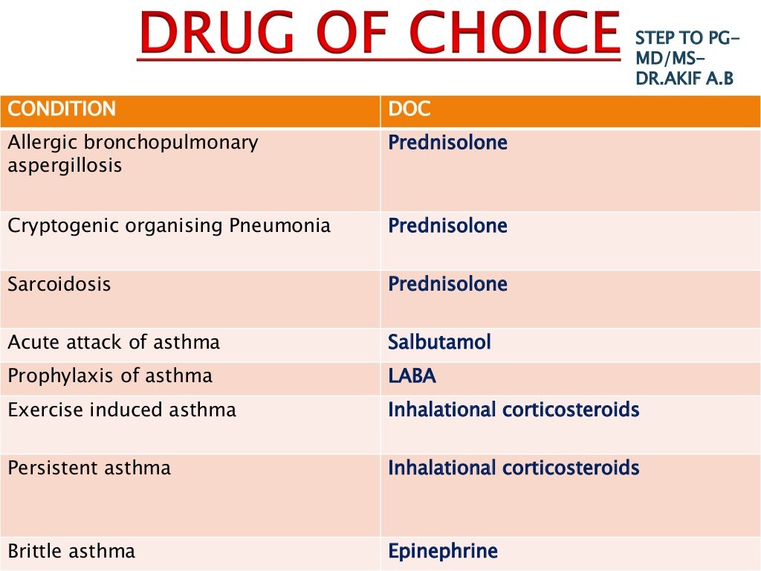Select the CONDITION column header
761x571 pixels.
tap(62, 109)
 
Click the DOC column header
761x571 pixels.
tap(409, 109)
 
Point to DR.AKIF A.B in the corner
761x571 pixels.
tap(684, 77)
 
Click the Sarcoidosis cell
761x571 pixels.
tap(59, 285)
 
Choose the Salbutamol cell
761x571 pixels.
tap(439, 343)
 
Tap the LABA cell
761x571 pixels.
tap(412, 376)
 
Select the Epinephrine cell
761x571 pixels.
tap(443, 551)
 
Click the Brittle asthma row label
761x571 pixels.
tap(71, 551)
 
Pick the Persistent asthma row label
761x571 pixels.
tap(89, 468)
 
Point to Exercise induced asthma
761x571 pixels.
tap(122, 410)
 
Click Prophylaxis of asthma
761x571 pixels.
tap(110, 376)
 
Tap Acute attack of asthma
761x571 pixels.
tap(114, 343)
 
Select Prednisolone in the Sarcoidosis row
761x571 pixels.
tap(447, 285)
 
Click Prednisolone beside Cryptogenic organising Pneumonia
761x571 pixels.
tap(447, 226)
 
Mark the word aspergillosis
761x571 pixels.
tap(65, 165)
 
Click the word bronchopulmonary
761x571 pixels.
tap(172, 142)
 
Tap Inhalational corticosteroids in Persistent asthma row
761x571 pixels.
tap(514, 468)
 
